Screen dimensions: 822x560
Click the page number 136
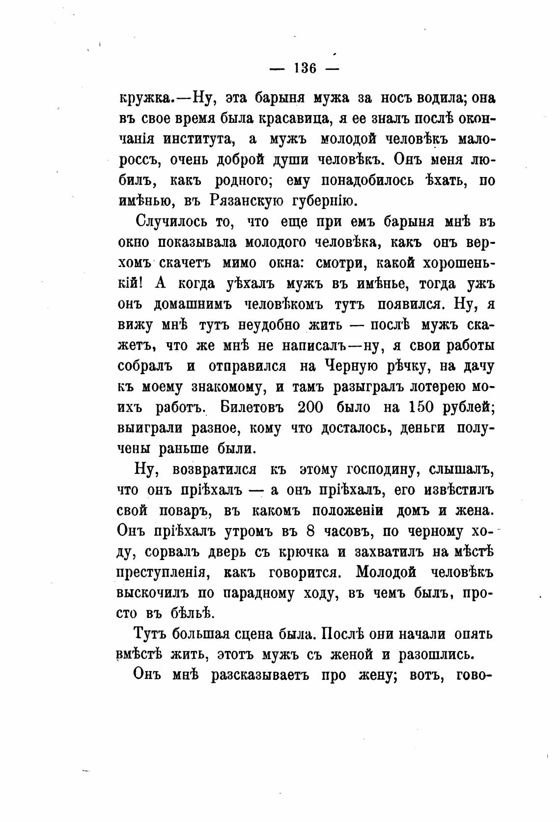(x=305, y=68)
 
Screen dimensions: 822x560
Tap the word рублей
(x=466, y=408)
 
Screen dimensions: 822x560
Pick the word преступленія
(x=164, y=573)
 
